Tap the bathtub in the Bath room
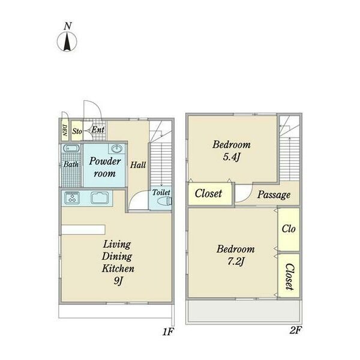coord(71,148)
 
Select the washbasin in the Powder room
coord(117,149)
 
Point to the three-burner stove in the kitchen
coord(72,197)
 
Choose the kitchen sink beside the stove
coord(100,197)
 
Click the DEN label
coord(65,130)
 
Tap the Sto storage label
coord(77,131)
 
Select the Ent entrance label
coord(98,130)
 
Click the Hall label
coord(138,165)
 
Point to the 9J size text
coord(119,281)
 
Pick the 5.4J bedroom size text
coord(232,157)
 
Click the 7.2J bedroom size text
coord(236,262)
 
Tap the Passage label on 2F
coord(274,194)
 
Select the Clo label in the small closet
coord(289,229)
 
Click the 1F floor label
coord(168,332)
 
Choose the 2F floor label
coord(295,331)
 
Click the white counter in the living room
coord(83,230)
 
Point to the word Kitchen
coord(118,268)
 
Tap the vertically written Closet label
coord(289,277)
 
